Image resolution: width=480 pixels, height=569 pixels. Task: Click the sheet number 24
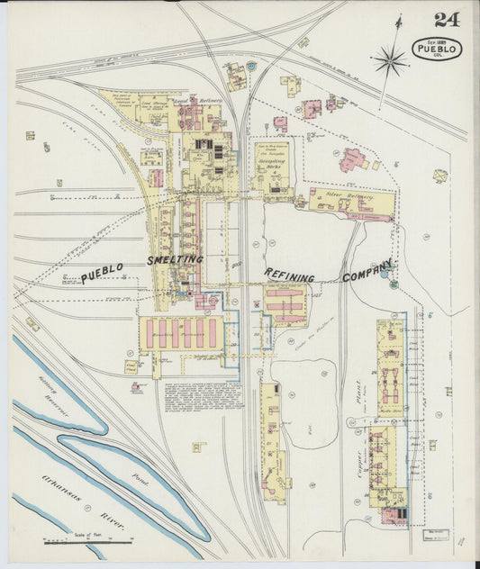pyautogui.click(x=445, y=21)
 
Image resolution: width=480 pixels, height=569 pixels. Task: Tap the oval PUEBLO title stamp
pyautogui.click(x=437, y=49)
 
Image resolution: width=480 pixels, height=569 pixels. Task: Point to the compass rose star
pyautogui.click(x=390, y=61)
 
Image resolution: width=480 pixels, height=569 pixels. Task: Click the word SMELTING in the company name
pyautogui.click(x=177, y=260)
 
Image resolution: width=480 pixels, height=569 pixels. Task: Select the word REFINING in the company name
pyautogui.click(x=289, y=274)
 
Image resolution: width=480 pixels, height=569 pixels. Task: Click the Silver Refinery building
pyautogui.click(x=350, y=205)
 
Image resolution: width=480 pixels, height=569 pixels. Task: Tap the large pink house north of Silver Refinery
pyautogui.click(x=351, y=160)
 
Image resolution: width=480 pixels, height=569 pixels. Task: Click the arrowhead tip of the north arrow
pyautogui.click(x=398, y=15)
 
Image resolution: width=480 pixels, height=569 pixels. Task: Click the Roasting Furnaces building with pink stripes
pyautogui.click(x=180, y=332)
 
